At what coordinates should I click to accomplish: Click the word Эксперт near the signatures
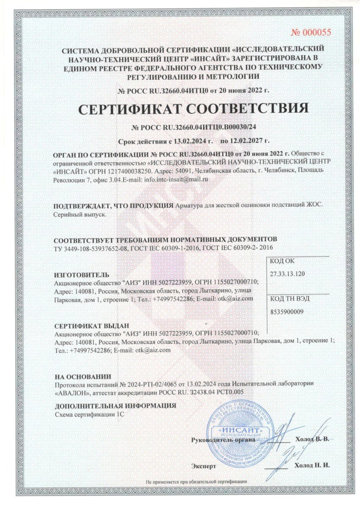[x=204, y=466]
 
